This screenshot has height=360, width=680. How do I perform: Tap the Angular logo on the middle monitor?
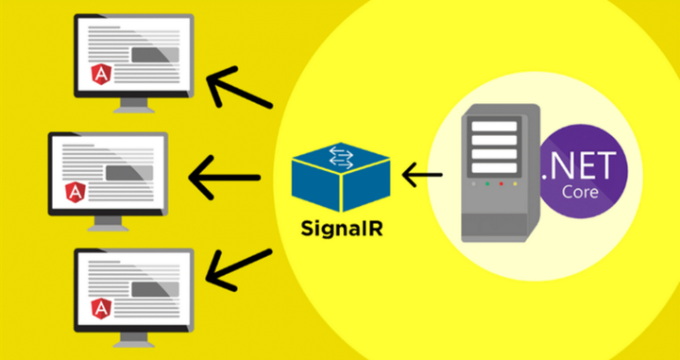coord(75,192)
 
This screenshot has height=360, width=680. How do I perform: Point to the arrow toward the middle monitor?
coord(225,176)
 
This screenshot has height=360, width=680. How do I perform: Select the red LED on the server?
coord(474,184)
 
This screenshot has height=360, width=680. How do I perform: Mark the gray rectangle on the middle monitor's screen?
coord(123,171)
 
